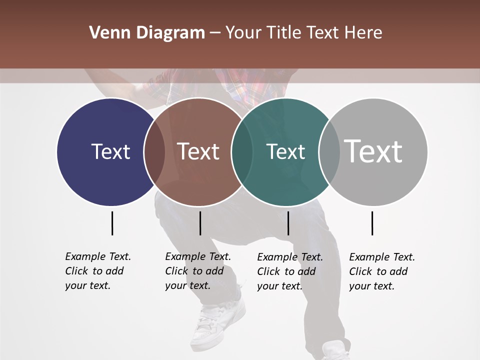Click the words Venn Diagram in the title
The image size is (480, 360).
point(146,33)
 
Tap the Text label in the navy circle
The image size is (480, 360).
point(110,151)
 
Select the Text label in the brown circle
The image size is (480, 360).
point(198,151)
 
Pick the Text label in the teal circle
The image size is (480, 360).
point(285,151)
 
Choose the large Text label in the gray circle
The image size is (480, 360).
point(373,151)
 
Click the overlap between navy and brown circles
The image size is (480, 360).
point(154,151)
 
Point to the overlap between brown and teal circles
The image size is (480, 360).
point(242,151)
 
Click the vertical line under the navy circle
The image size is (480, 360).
point(112,223)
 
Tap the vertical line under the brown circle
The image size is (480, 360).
point(200,223)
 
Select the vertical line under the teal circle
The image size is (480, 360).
point(288,223)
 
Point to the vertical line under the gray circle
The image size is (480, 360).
point(372,223)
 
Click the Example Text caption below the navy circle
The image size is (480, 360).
point(97,271)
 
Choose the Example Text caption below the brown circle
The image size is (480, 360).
point(197,271)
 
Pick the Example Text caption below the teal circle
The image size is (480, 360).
point(289,271)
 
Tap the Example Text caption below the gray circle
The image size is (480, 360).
point(381,271)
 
